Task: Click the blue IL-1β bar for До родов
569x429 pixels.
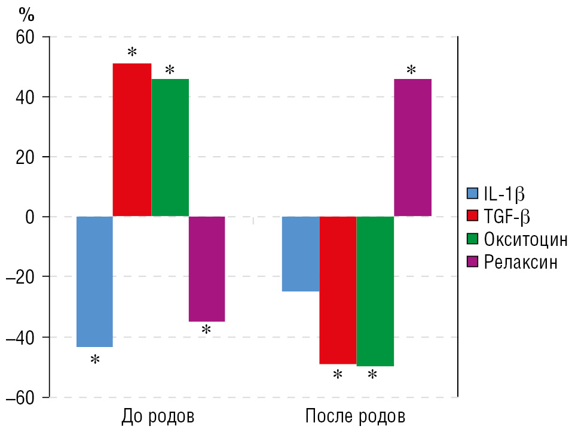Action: [x=94, y=281]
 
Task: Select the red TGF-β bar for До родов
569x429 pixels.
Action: [x=132, y=139]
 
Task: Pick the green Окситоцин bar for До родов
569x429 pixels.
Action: [x=170, y=147]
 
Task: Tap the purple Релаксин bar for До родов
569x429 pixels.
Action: [x=207, y=269]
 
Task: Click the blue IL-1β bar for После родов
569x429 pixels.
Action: [x=300, y=254]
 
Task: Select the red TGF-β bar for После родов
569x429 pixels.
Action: [x=338, y=290]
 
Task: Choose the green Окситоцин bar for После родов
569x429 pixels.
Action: [x=375, y=291]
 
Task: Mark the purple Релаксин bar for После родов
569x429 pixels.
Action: [x=412, y=147]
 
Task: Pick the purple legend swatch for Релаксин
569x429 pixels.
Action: [x=473, y=262]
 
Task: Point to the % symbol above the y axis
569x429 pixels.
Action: [x=27, y=13]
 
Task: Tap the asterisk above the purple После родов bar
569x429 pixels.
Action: [x=411, y=71]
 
